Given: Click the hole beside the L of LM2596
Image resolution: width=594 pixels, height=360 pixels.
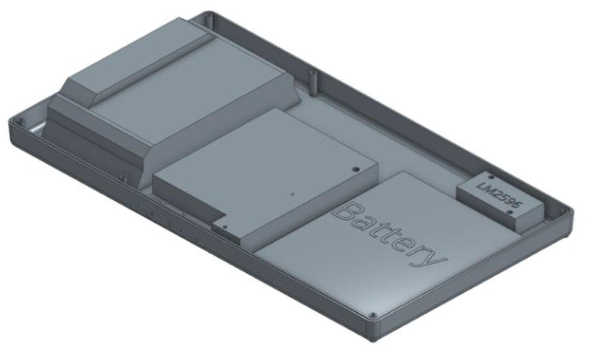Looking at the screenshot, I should click(491, 177).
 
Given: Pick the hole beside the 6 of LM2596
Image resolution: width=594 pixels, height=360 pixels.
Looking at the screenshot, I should click(510, 213).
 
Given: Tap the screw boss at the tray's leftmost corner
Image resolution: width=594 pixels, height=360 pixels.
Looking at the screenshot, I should click(18, 121).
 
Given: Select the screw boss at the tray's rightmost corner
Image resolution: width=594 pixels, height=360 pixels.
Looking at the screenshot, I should click(564, 210).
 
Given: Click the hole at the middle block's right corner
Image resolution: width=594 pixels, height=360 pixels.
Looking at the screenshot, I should click(355, 169).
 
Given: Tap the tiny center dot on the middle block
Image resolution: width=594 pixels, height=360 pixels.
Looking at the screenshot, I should click(292, 194).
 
